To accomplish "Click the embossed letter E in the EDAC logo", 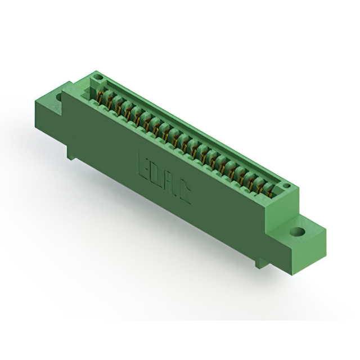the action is (144, 166).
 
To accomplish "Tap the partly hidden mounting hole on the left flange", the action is (59, 97).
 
